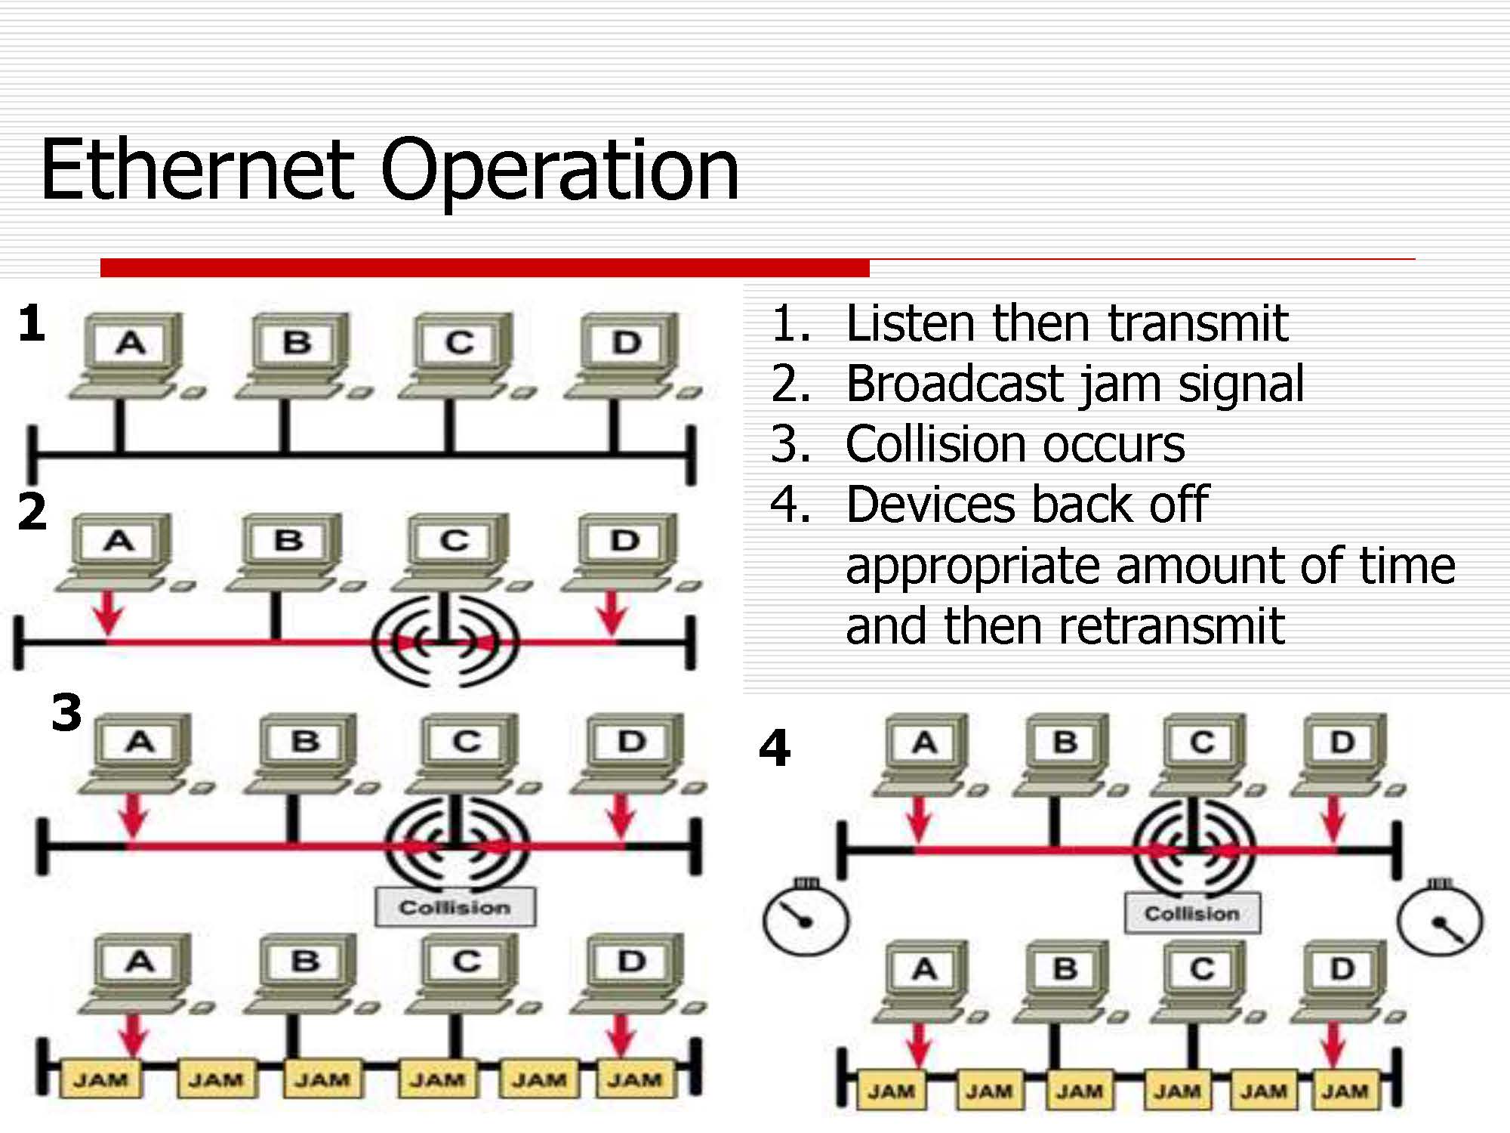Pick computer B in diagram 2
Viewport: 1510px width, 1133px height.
coord(289,550)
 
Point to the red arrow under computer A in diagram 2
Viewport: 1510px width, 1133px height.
coord(109,612)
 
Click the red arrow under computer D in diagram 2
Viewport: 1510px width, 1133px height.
coord(611,612)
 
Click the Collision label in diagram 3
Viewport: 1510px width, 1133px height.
coord(455,907)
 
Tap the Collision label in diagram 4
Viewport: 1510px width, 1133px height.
coord(1192,914)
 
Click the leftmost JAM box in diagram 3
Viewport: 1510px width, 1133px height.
coord(100,1079)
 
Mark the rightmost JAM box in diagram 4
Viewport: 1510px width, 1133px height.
coord(1345,1091)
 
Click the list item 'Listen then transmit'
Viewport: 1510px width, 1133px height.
coord(1066,323)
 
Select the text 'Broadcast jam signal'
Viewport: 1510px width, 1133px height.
coord(1074,384)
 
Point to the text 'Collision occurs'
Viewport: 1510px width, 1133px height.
coord(1015,444)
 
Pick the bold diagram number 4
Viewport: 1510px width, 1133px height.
coord(775,748)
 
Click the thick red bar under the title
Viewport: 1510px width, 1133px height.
coord(485,267)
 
